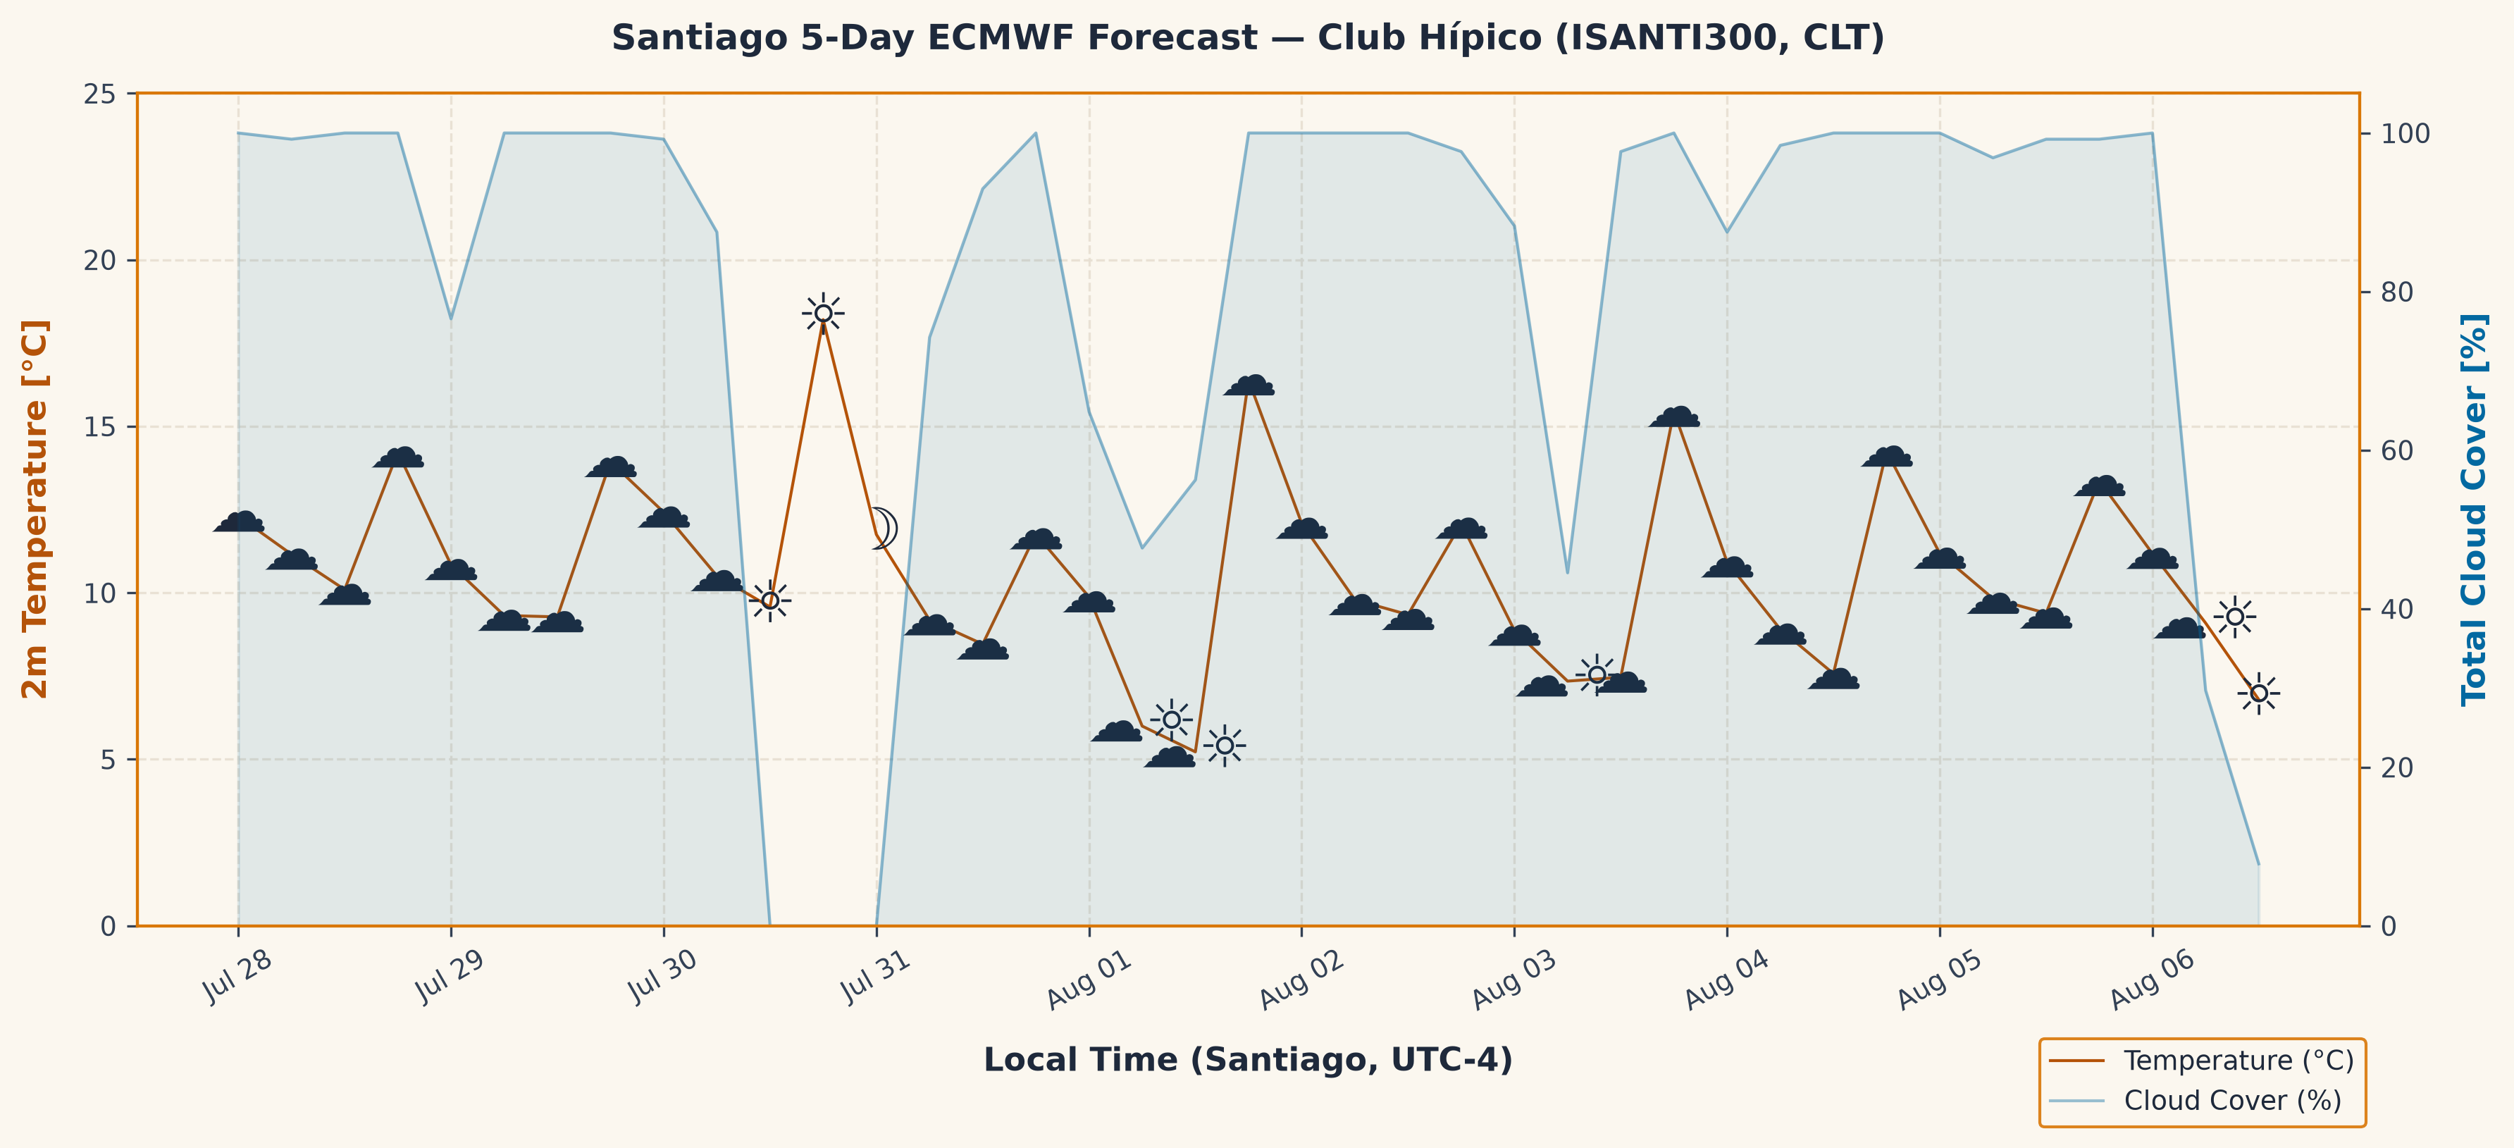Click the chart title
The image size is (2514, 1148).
coord(1247,38)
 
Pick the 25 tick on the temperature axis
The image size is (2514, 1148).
coord(101,94)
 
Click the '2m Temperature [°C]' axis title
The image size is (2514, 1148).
coord(35,509)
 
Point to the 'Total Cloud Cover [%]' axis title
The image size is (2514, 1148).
coord(2474,509)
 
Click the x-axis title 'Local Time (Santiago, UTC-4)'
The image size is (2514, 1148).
coord(1247,1060)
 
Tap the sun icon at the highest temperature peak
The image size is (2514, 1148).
coord(823,314)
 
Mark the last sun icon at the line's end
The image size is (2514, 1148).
coord(2258,693)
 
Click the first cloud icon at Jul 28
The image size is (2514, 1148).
coord(238,522)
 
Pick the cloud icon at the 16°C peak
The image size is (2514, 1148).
coord(1249,385)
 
